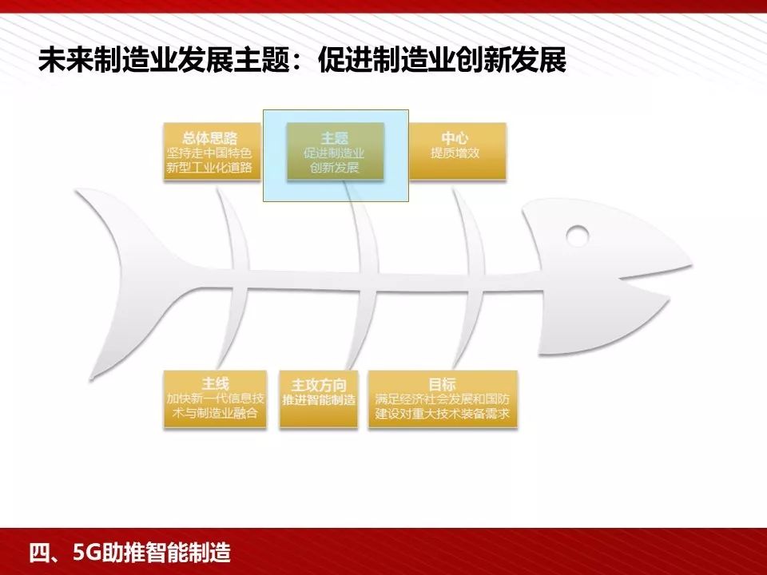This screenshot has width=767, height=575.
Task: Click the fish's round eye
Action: pyautogui.click(x=577, y=236)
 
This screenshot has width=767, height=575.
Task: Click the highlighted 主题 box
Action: pyautogui.click(x=336, y=151)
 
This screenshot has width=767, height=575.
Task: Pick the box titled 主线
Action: pyautogui.click(x=215, y=399)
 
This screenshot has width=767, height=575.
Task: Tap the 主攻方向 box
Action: pyautogui.click(x=319, y=399)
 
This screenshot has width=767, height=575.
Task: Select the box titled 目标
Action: pyautogui.click(x=442, y=399)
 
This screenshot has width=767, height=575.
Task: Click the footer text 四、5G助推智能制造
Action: pyautogui.click(x=129, y=552)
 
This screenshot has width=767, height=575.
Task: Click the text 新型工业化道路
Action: pyautogui.click(x=209, y=168)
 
